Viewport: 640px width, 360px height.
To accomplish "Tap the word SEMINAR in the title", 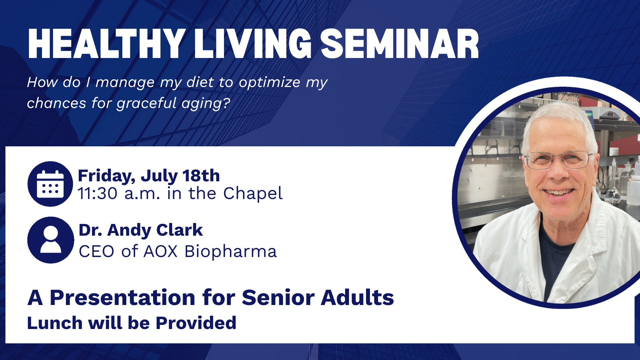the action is point(400,44).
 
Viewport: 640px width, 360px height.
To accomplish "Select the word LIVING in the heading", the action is point(253,44).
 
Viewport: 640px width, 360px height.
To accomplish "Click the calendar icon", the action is point(50,184).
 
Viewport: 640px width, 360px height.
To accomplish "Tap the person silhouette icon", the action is point(51,240).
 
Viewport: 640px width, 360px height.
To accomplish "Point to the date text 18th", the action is point(201,176).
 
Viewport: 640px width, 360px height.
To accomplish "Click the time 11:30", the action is point(97,193).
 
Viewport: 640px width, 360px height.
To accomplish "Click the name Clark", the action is point(179,230).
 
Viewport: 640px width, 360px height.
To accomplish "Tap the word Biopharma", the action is point(231,252).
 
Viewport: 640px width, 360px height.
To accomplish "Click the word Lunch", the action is point(55,323).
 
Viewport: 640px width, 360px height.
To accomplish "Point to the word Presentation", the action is point(122,297).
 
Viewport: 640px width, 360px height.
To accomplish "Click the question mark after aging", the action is point(227,103).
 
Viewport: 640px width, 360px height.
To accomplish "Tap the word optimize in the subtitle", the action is point(270,82).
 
